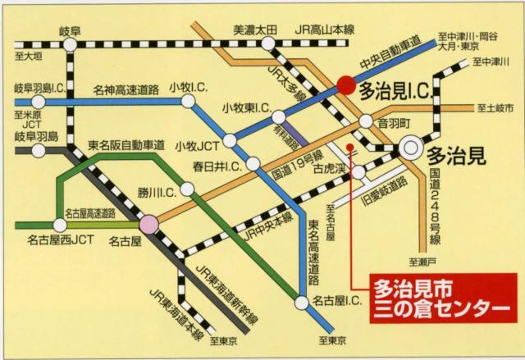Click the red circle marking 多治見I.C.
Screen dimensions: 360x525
346,84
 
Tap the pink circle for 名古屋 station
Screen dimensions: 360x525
148,222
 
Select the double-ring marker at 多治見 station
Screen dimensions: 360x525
409,149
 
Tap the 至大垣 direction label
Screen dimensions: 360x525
27,56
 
